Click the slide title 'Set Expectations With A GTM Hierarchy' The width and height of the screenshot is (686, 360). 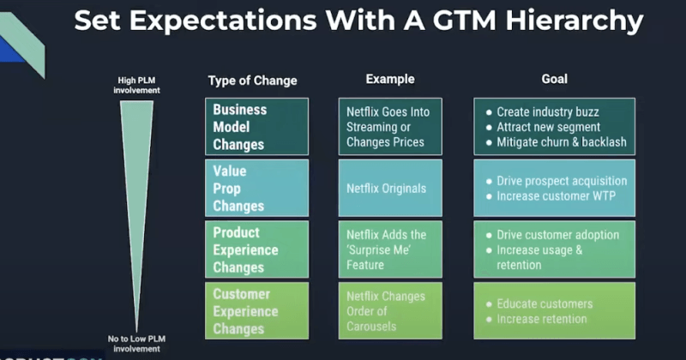358,21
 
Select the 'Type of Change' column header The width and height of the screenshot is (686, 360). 252,81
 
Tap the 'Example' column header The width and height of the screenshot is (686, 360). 390,79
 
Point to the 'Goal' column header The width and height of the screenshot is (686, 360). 554,79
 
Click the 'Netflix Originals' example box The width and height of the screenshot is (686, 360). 390,188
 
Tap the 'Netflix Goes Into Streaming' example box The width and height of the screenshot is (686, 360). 390,127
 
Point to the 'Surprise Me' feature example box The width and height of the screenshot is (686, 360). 390,249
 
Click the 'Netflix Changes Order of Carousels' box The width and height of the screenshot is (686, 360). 390,311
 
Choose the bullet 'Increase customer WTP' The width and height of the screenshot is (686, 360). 555,196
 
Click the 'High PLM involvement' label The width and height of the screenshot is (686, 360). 138,85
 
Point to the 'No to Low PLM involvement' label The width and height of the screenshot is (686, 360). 138,344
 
